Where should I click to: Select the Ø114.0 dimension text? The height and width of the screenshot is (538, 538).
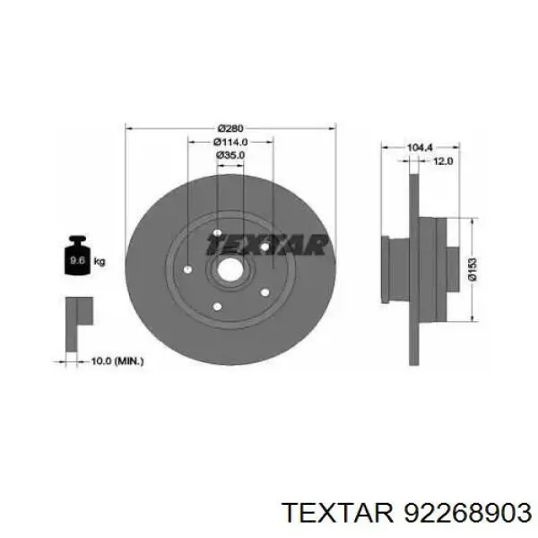pos(230,141)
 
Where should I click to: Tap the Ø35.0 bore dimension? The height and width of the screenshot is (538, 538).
pos(230,155)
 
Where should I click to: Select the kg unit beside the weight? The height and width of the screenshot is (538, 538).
pos(100,262)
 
